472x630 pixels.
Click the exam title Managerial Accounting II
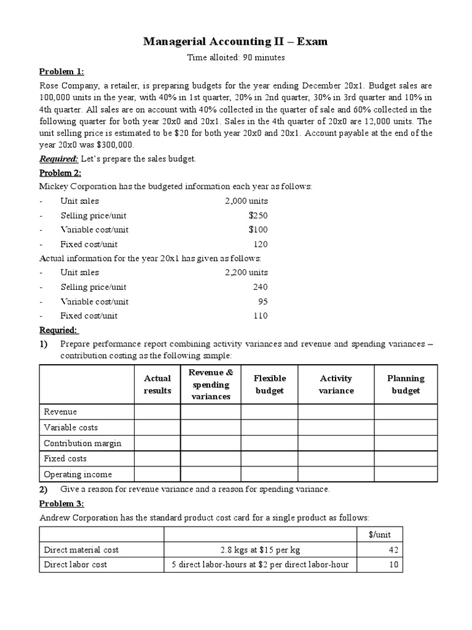[x=235, y=42]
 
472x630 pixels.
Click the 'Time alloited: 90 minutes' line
[x=235, y=58]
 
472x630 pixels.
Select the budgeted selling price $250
[x=258, y=215]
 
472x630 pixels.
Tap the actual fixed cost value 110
[x=261, y=316]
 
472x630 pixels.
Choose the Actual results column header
[x=157, y=385]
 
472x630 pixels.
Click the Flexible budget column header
[x=269, y=385]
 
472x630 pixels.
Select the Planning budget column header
[x=406, y=385]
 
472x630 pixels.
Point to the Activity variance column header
[x=336, y=385]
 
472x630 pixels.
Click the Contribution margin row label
[x=82, y=443]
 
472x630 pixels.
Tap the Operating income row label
[x=77, y=474]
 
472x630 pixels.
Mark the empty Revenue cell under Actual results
[x=157, y=412]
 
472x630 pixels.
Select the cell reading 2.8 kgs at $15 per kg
[x=261, y=550]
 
